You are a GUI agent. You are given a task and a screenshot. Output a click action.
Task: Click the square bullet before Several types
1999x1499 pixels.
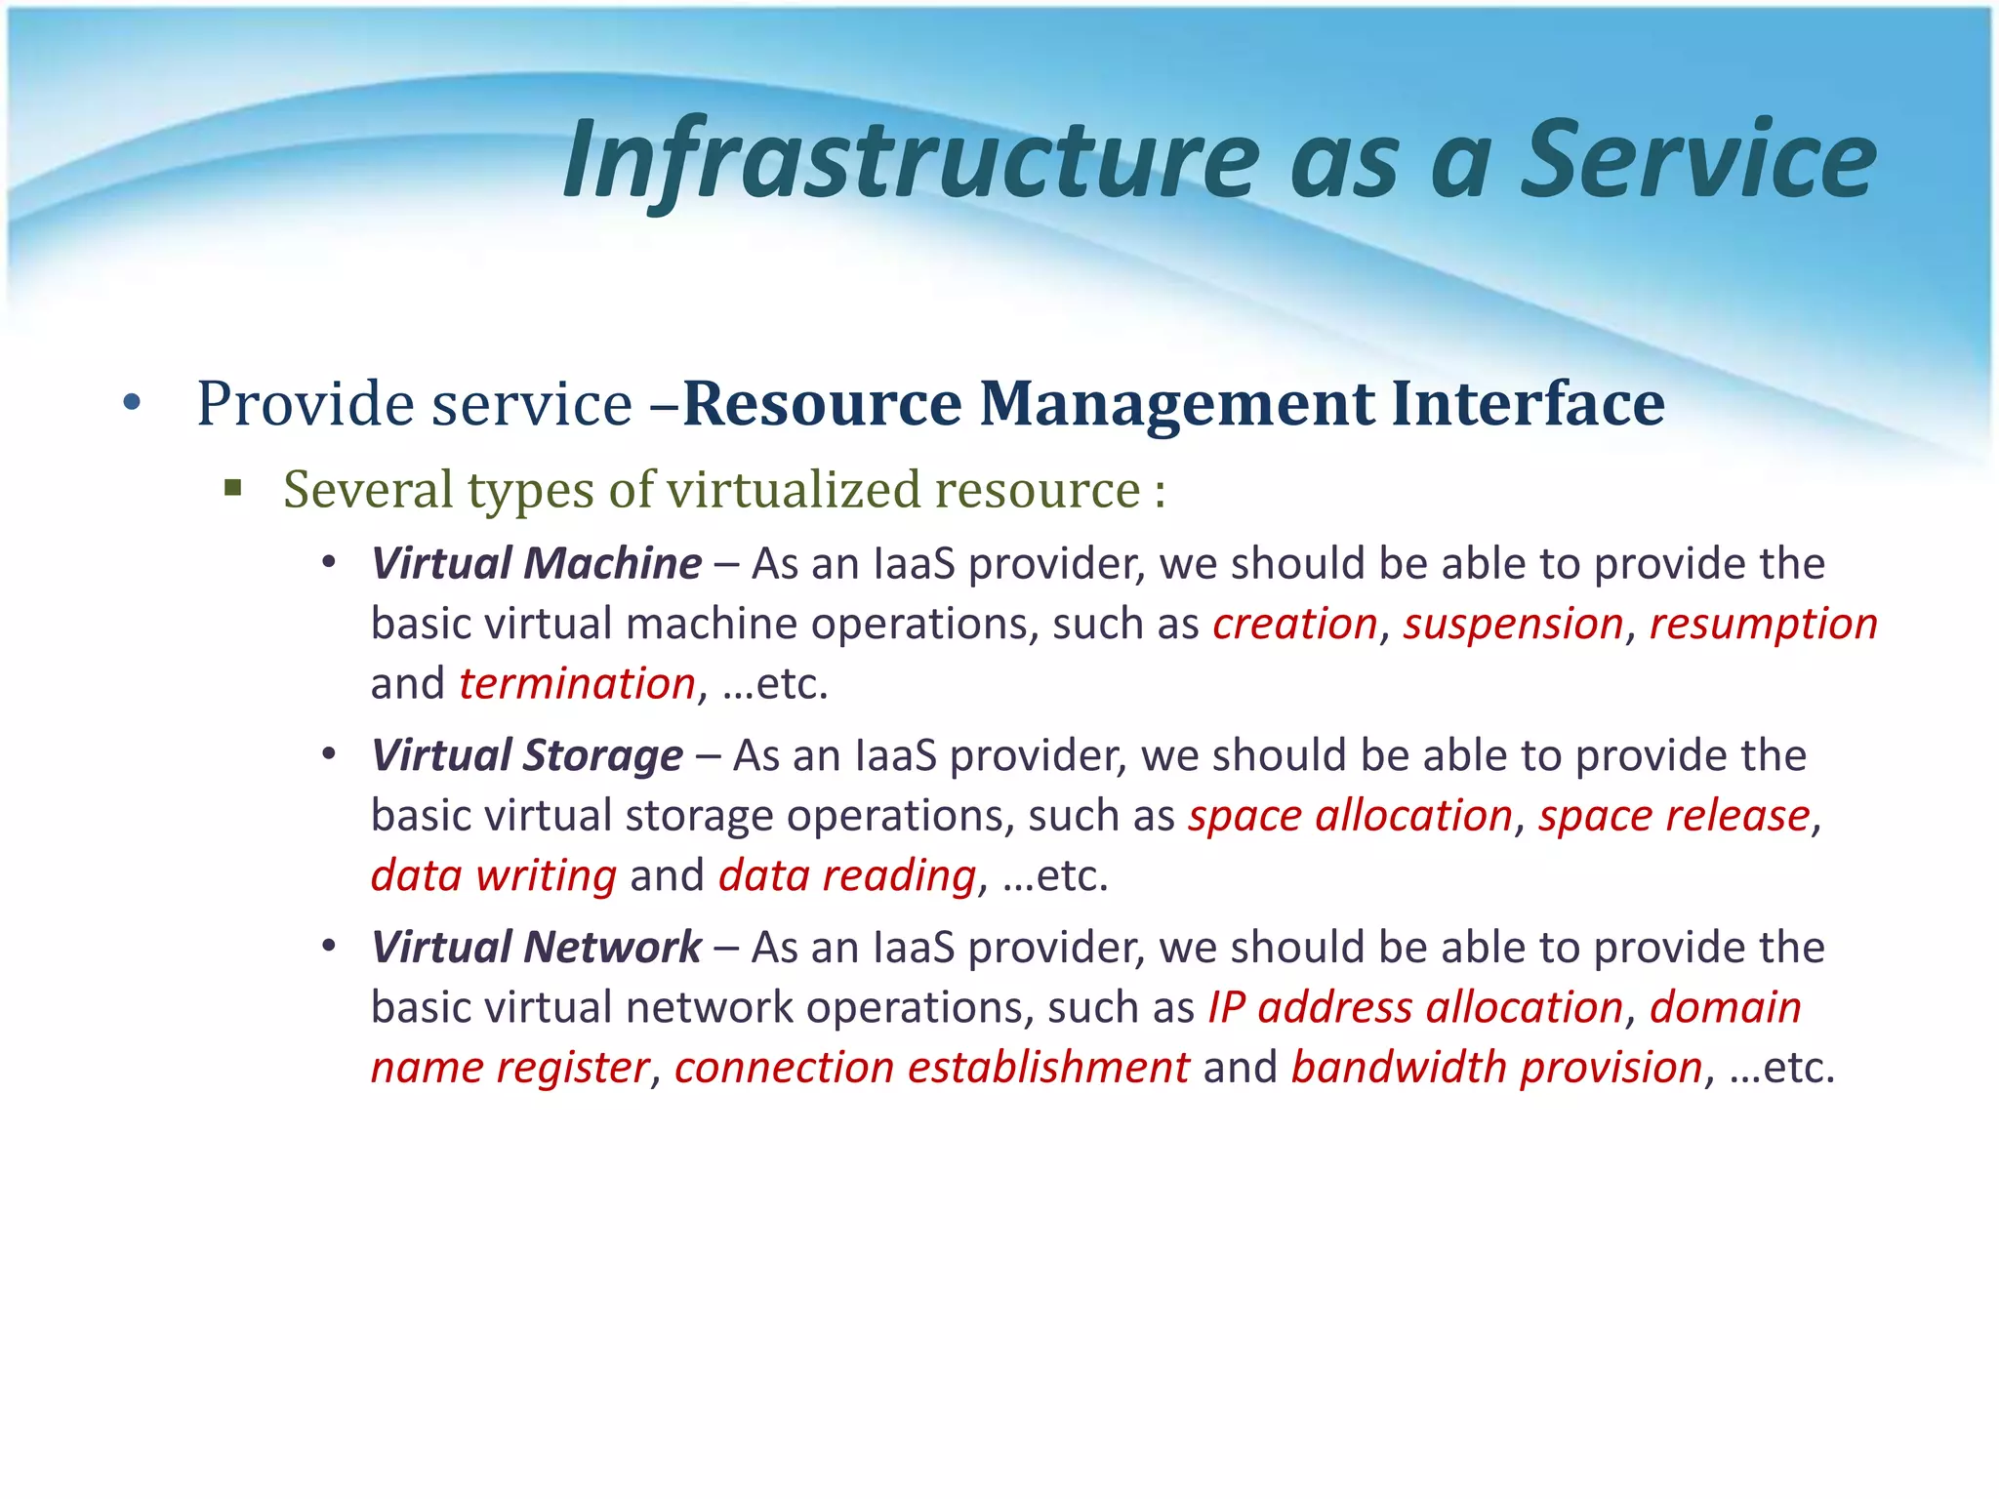point(232,487)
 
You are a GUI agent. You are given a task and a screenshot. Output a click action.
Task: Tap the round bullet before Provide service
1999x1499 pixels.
point(133,403)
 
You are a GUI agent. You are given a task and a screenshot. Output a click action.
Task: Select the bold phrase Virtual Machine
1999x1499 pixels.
point(536,564)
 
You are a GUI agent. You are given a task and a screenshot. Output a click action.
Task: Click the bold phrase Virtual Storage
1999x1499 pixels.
point(527,756)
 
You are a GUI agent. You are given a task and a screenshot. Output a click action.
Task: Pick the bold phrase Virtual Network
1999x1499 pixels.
point(536,948)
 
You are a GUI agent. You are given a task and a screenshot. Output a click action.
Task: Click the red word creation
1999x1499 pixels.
point(1294,625)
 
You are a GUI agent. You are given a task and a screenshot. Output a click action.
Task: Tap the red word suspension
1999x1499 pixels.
point(1513,625)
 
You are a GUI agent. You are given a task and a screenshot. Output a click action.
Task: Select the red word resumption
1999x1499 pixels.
point(1763,625)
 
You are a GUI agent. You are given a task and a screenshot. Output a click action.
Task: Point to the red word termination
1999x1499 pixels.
point(577,684)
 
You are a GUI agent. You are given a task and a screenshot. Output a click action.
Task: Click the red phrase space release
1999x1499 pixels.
point(1674,816)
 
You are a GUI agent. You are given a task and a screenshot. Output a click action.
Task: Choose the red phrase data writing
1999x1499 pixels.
point(494,876)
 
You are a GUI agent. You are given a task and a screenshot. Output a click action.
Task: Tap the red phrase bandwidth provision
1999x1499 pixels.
point(1496,1068)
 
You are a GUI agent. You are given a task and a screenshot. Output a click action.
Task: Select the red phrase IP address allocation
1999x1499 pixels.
point(1415,1008)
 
